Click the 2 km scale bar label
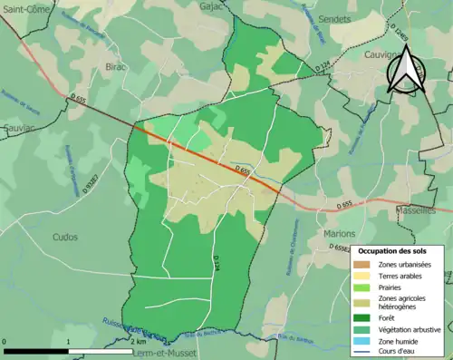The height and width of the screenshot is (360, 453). (138, 341)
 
